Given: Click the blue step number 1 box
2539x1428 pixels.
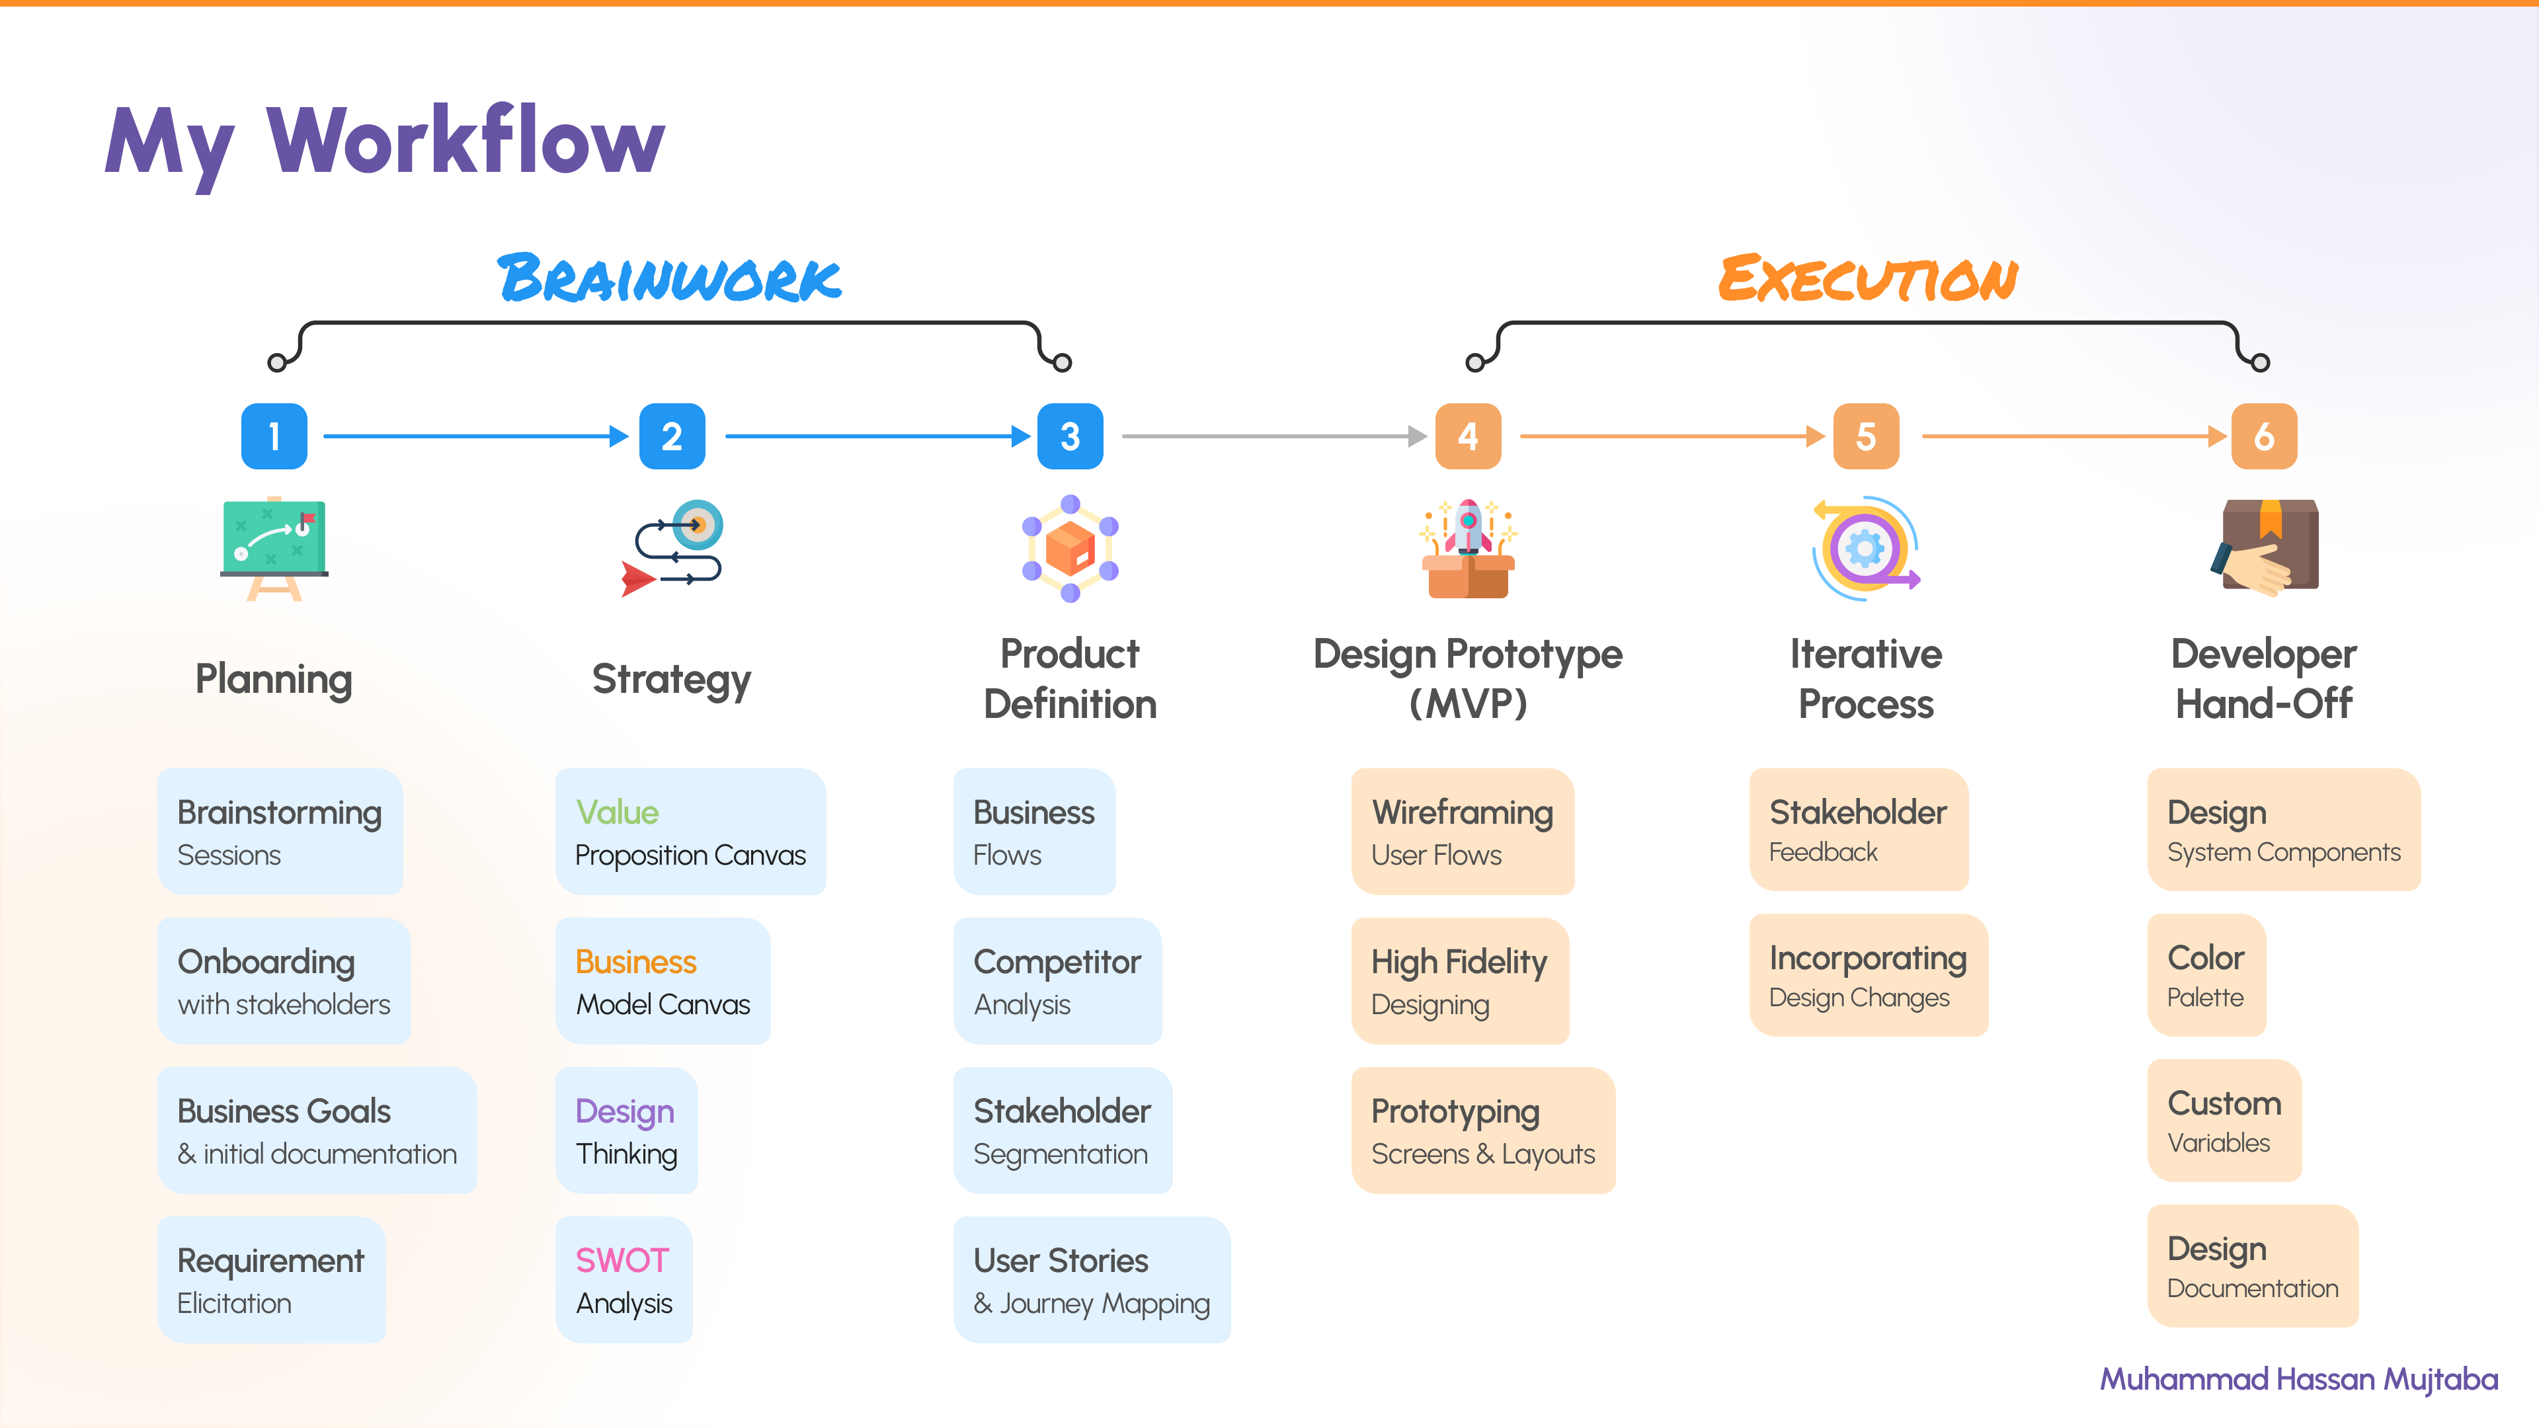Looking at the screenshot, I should [274, 436].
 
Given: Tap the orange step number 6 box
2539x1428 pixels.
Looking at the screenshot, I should [2263, 436].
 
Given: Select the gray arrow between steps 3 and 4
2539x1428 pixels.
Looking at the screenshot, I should [1271, 436].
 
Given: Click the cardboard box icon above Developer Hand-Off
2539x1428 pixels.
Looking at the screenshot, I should [2269, 547].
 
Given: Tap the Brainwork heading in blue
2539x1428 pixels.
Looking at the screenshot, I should [670, 279].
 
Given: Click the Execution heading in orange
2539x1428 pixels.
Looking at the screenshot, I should [1868, 279].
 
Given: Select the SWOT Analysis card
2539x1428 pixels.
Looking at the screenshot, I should [624, 1279].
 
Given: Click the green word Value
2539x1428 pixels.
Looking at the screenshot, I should [617, 812].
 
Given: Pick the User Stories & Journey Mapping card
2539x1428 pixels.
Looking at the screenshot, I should [1091, 1279].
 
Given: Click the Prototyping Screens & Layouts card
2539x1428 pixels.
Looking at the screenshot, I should [1482, 1130].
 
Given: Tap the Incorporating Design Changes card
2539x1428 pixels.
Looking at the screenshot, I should [1868, 976].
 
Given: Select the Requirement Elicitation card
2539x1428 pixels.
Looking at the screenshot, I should [271, 1279].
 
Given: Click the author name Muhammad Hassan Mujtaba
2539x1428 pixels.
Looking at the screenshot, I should [2298, 1378].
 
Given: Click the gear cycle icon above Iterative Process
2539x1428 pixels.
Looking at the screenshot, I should [1865, 548].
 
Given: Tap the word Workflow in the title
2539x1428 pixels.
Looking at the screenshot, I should [465, 141].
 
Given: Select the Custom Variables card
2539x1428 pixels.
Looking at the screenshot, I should [2224, 1121].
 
